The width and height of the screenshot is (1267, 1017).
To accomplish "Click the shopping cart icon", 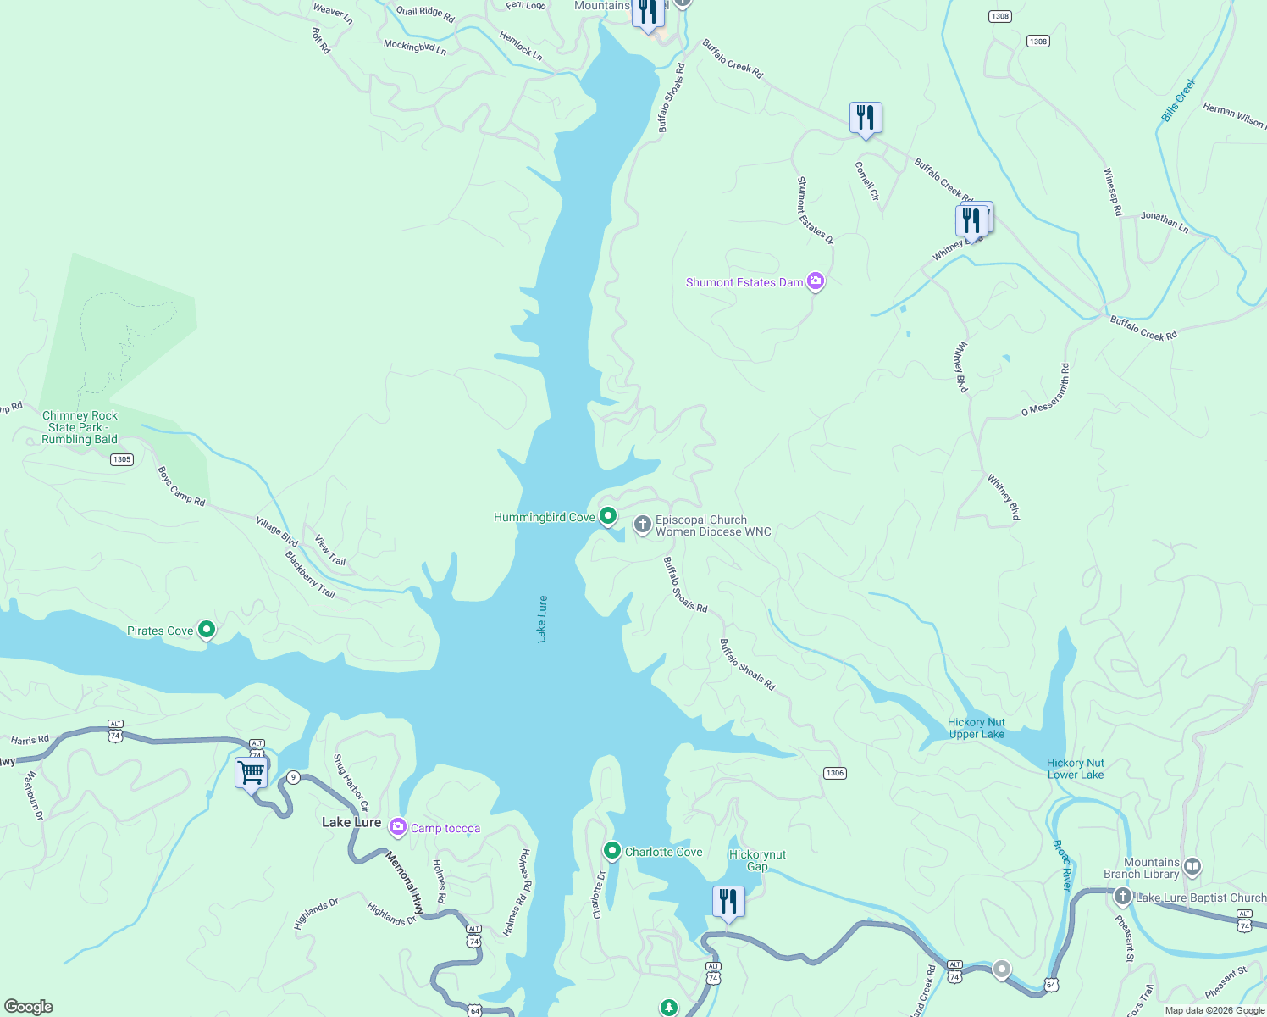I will pos(252,773).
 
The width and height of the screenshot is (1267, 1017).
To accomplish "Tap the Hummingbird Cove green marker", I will pos(608,515).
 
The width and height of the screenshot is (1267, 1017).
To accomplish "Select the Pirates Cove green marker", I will pos(207,630).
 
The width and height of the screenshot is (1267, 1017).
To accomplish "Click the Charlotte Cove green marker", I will pos(612,850).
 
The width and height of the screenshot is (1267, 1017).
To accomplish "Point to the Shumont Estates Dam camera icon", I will pos(816,281).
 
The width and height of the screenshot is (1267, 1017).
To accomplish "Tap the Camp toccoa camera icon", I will pos(398,827).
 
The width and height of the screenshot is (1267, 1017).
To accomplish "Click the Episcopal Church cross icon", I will pos(643,525).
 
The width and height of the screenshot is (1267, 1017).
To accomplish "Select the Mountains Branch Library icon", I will pos(1192,866).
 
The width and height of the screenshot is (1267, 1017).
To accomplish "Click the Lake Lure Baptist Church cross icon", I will pos(1123,897).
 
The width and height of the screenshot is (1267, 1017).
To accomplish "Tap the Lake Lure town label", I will pos(351,822).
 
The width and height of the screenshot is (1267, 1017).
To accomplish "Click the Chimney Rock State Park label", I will pos(80,427).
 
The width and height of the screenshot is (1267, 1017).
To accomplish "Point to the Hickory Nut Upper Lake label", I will pos(977,728).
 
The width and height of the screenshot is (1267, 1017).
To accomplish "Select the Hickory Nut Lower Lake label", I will pos(1076,769).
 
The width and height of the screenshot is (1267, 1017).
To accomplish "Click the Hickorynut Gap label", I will pos(757,860).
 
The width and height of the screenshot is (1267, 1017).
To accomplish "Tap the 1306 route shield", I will pos(834,773).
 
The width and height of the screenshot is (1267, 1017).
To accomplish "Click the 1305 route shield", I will pos(122,459).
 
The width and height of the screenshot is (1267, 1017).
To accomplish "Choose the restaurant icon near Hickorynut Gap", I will pos(728,902).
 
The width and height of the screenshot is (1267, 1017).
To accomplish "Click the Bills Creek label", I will pos(1179,100).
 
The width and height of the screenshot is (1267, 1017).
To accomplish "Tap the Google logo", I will pos(29,1007).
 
